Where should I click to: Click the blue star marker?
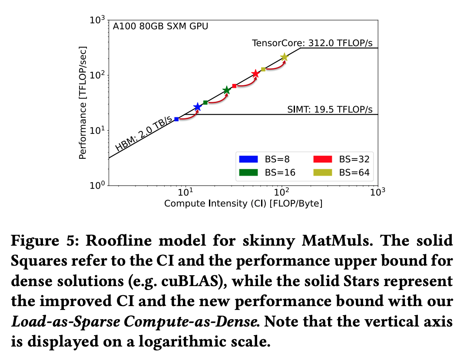[x=198, y=107]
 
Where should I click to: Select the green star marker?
[x=226, y=90]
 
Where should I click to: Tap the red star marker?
[x=255, y=74]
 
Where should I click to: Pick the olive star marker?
[x=285, y=57]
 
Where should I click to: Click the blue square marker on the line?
[x=176, y=119]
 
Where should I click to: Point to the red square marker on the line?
[x=235, y=86]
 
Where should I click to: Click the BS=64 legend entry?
[x=343, y=173]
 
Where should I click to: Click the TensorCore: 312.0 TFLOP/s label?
[x=312, y=43]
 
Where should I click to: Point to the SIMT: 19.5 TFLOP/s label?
[x=330, y=110]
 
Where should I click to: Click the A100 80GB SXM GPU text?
[x=160, y=27]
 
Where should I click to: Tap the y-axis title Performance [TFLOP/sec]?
[x=83, y=103]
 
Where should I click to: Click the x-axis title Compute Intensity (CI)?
[x=243, y=203]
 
